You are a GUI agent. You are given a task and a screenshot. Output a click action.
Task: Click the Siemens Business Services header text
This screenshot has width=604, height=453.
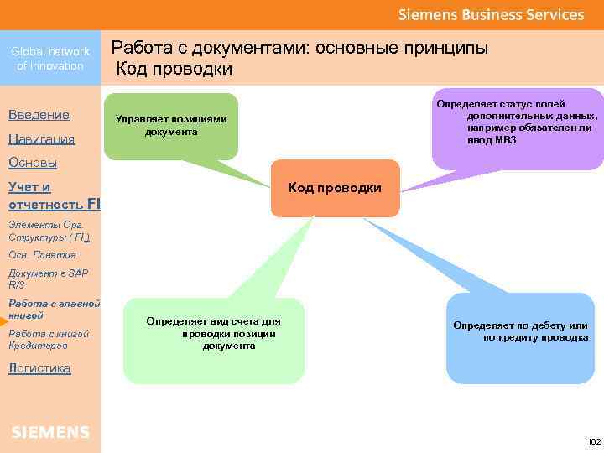491,15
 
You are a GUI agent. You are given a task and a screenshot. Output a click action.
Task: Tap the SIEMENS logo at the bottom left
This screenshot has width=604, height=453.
50,432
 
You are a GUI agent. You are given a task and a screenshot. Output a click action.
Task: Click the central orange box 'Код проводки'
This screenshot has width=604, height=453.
335,188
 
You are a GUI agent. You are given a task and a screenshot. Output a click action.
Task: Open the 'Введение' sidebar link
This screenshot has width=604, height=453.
39,115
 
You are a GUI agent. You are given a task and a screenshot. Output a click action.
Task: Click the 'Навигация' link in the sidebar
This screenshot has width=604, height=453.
41,139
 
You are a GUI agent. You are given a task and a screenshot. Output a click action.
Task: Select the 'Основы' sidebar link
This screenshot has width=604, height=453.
32,163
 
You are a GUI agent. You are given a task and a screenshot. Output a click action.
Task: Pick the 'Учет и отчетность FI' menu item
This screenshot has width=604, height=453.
50,195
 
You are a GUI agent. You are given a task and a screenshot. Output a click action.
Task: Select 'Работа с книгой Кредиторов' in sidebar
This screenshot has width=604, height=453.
46,340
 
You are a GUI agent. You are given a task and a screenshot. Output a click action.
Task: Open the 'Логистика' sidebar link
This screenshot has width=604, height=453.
39,368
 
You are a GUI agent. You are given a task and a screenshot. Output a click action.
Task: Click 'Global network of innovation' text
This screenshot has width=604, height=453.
50,59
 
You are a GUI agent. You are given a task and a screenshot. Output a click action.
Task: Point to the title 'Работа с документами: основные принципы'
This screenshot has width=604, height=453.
299,49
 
